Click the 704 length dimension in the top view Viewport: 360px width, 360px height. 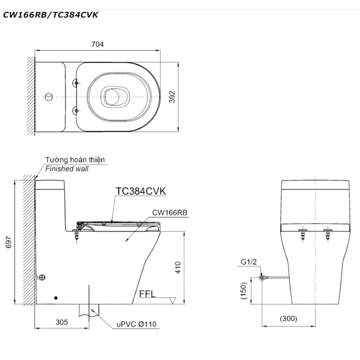[x=98, y=44]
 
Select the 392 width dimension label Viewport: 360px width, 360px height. [x=172, y=97]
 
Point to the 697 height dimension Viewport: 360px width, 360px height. [x=8, y=242]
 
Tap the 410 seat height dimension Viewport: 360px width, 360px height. [x=178, y=268]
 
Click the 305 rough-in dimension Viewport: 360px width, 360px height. [x=62, y=322]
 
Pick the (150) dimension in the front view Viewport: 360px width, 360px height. [x=243, y=290]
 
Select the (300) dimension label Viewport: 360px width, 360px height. [x=288, y=319]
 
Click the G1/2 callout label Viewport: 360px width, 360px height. [x=249, y=262]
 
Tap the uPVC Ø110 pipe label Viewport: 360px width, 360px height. [x=136, y=324]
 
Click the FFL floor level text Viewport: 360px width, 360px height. [x=147, y=294]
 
